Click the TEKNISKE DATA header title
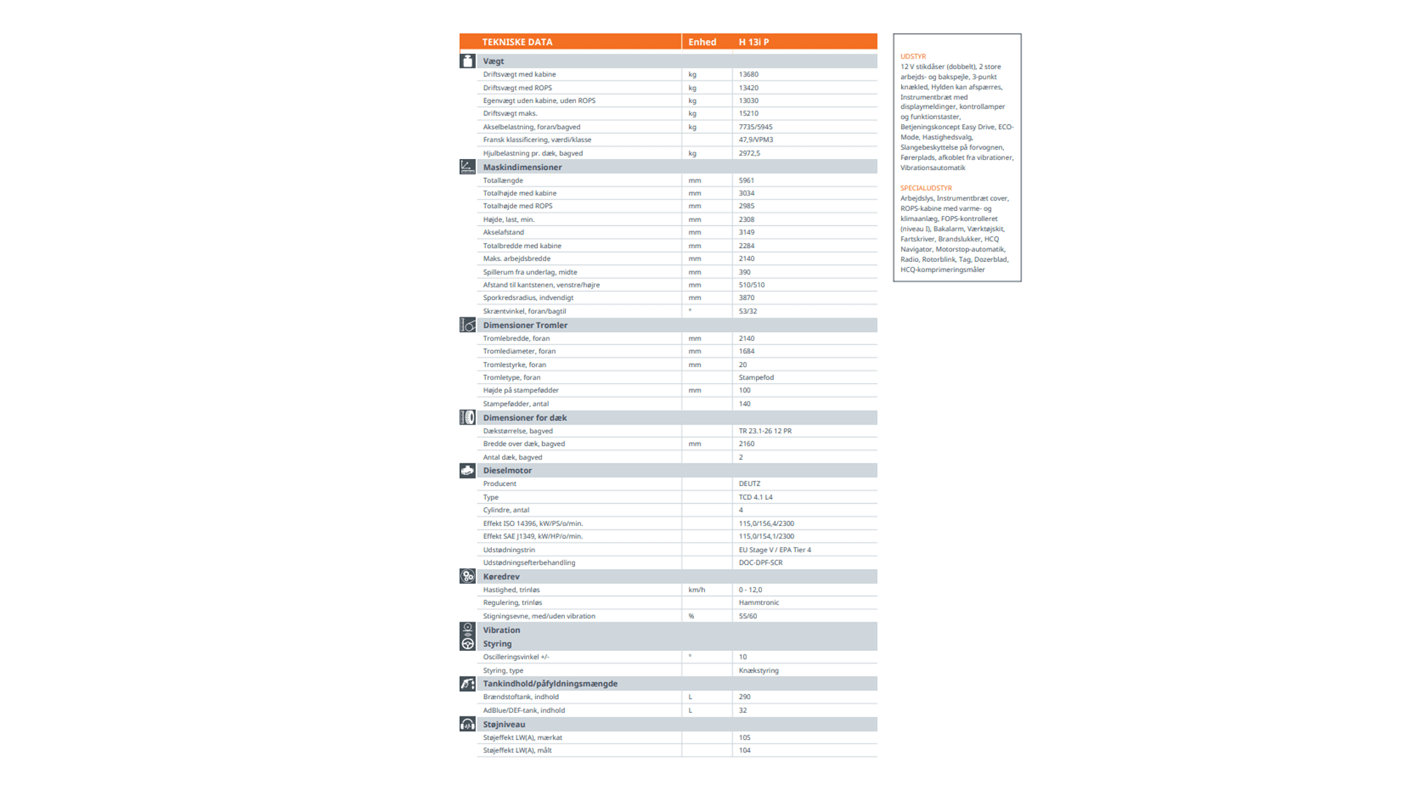pyautogui.click(x=517, y=42)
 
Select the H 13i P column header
pyautogui.click(x=753, y=42)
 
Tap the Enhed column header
pyautogui.click(x=702, y=42)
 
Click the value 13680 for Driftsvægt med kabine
pyautogui.click(x=748, y=74)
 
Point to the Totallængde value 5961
pyautogui.click(x=746, y=180)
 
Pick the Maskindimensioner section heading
pyautogui.click(x=522, y=167)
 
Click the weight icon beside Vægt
pyautogui.click(x=468, y=61)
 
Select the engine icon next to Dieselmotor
pyautogui.click(x=468, y=471)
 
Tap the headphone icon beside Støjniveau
pyautogui.click(x=468, y=725)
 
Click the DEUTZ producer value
pyautogui.click(x=749, y=484)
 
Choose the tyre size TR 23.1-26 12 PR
pyautogui.click(x=765, y=431)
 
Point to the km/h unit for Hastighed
pyautogui.click(x=696, y=590)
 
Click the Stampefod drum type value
pyautogui.click(x=756, y=377)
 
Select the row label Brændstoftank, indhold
pyautogui.click(x=520, y=697)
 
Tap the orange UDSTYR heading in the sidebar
pyautogui.click(x=913, y=56)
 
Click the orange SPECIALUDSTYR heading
pyautogui.click(x=926, y=188)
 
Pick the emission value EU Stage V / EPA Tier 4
pyautogui.click(x=774, y=550)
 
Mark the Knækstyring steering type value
pyautogui.click(x=758, y=671)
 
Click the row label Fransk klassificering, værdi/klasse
pyautogui.click(x=537, y=140)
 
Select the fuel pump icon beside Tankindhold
pyautogui.click(x=468, y=684)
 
